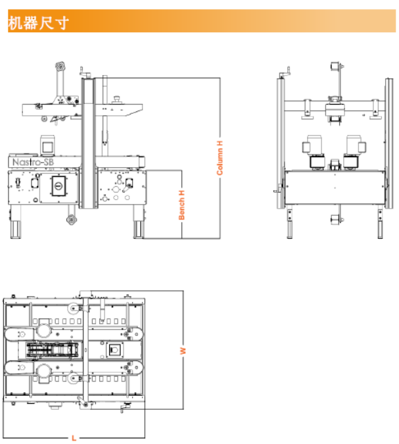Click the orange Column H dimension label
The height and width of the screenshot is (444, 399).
click(220, 157)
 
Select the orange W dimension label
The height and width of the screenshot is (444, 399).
click(184, 351)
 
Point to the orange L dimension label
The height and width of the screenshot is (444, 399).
click(74, 437)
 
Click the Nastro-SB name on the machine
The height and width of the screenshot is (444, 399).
click(32, 161)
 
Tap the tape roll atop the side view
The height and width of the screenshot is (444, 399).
click(61, 67)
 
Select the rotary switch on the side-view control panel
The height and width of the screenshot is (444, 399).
click(58, 187)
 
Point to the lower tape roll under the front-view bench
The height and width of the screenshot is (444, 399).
click(335, 221)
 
